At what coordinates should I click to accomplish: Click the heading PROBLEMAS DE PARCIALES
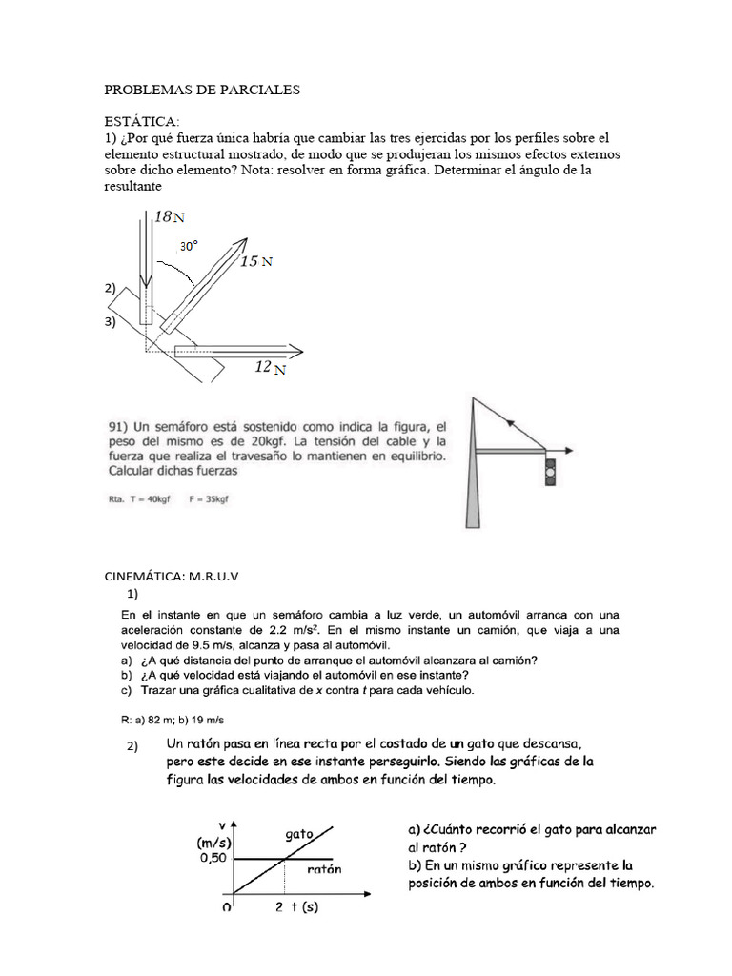pyautogui.click(x=201, y=90)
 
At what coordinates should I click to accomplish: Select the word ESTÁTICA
pyautogui.click(x=141, y=121)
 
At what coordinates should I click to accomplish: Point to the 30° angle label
pyautogui.click(x=190, y=246)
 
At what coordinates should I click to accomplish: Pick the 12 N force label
pyautogui.click(x=271, y=368)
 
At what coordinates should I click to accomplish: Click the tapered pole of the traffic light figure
pyautogui.click(x=474, y=477)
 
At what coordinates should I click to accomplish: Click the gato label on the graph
pyautogui.click(x=298, y=834)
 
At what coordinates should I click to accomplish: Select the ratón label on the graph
pyautogui.click(x=324, y=869)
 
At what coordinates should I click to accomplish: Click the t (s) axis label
pyautogui.click(x=297, y=907)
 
